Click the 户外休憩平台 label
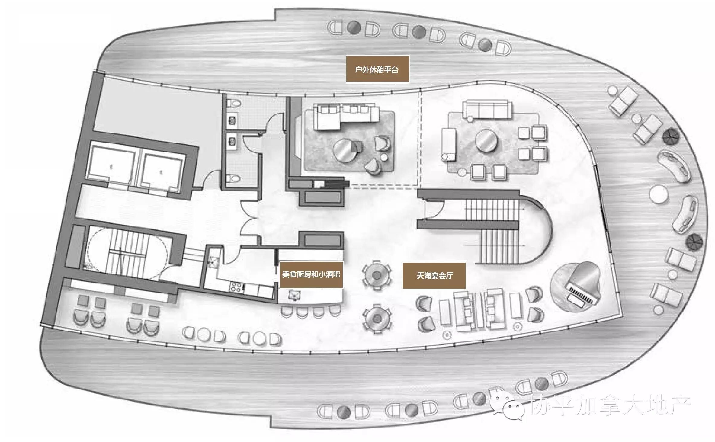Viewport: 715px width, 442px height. (x=377, y=69)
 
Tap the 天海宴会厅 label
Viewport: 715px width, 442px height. (x=434, y=276)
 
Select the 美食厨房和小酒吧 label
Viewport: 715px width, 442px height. (x=311, y=274)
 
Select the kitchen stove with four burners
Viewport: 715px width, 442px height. (x=237, y=286)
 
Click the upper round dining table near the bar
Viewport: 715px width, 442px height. (x=377, y=275)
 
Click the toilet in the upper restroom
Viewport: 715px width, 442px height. (x=234, y=104)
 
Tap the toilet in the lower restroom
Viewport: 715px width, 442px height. (x=233, y=179)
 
